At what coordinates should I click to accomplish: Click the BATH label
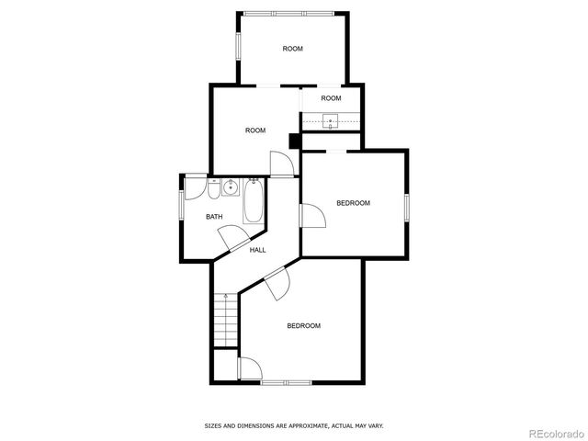pos(213,217)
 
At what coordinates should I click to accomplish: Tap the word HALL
pos(258,250)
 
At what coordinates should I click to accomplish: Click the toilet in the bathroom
pos(213,189)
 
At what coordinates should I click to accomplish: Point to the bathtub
pos(254,201)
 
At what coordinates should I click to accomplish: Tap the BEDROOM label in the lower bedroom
pos(303,326)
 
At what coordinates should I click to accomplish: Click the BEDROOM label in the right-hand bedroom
pos(353,203)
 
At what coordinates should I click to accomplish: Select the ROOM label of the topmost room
pos(292,49)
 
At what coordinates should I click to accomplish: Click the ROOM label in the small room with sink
pos(331,98)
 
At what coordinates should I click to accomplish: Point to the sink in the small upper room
pos(332,119)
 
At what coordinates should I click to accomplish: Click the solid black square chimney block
pos(295,141)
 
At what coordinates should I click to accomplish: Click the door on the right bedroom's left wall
pos(312,217)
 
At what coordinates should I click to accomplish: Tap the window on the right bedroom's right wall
pos(407,206)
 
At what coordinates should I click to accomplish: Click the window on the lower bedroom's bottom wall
pos(286,382)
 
